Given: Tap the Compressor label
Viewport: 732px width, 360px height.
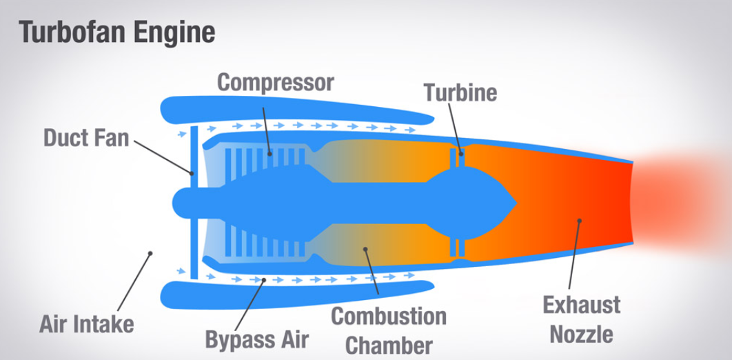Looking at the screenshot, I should pos(276,83).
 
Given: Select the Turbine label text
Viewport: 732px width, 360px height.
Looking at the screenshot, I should pos(460,92).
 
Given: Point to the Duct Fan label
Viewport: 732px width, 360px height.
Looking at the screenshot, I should pos(86,137).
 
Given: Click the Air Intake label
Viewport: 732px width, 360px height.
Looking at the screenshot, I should pos(86,323).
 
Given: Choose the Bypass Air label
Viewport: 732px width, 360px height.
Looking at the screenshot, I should pos(257,339).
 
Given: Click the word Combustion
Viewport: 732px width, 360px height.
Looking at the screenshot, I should pos(389,317).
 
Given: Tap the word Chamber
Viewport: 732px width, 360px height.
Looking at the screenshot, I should pos(389,344).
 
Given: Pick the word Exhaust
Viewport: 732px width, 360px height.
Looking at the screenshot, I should pos(581,305).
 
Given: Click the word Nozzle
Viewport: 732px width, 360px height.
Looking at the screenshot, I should pos(581,334).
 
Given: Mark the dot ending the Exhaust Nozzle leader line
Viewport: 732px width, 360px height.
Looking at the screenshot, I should pos(580,221).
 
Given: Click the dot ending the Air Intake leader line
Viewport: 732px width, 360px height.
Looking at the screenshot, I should pos(150,254).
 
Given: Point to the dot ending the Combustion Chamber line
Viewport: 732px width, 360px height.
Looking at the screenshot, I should pos(365,250).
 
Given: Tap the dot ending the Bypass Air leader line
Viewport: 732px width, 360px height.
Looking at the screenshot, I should pos(265,279).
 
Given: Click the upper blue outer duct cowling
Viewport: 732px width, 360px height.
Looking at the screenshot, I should pos(289,110).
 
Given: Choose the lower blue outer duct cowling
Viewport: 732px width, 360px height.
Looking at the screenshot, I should pos(289,294).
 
